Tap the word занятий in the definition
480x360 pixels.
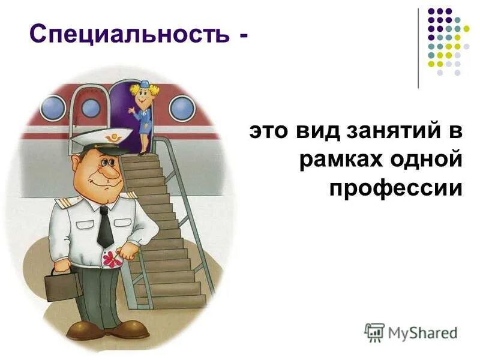390,131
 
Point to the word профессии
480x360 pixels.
396,188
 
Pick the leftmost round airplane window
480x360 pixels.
53,108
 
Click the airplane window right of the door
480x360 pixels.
182,108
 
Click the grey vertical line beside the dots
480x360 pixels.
418,48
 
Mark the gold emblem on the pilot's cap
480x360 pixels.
112,139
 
